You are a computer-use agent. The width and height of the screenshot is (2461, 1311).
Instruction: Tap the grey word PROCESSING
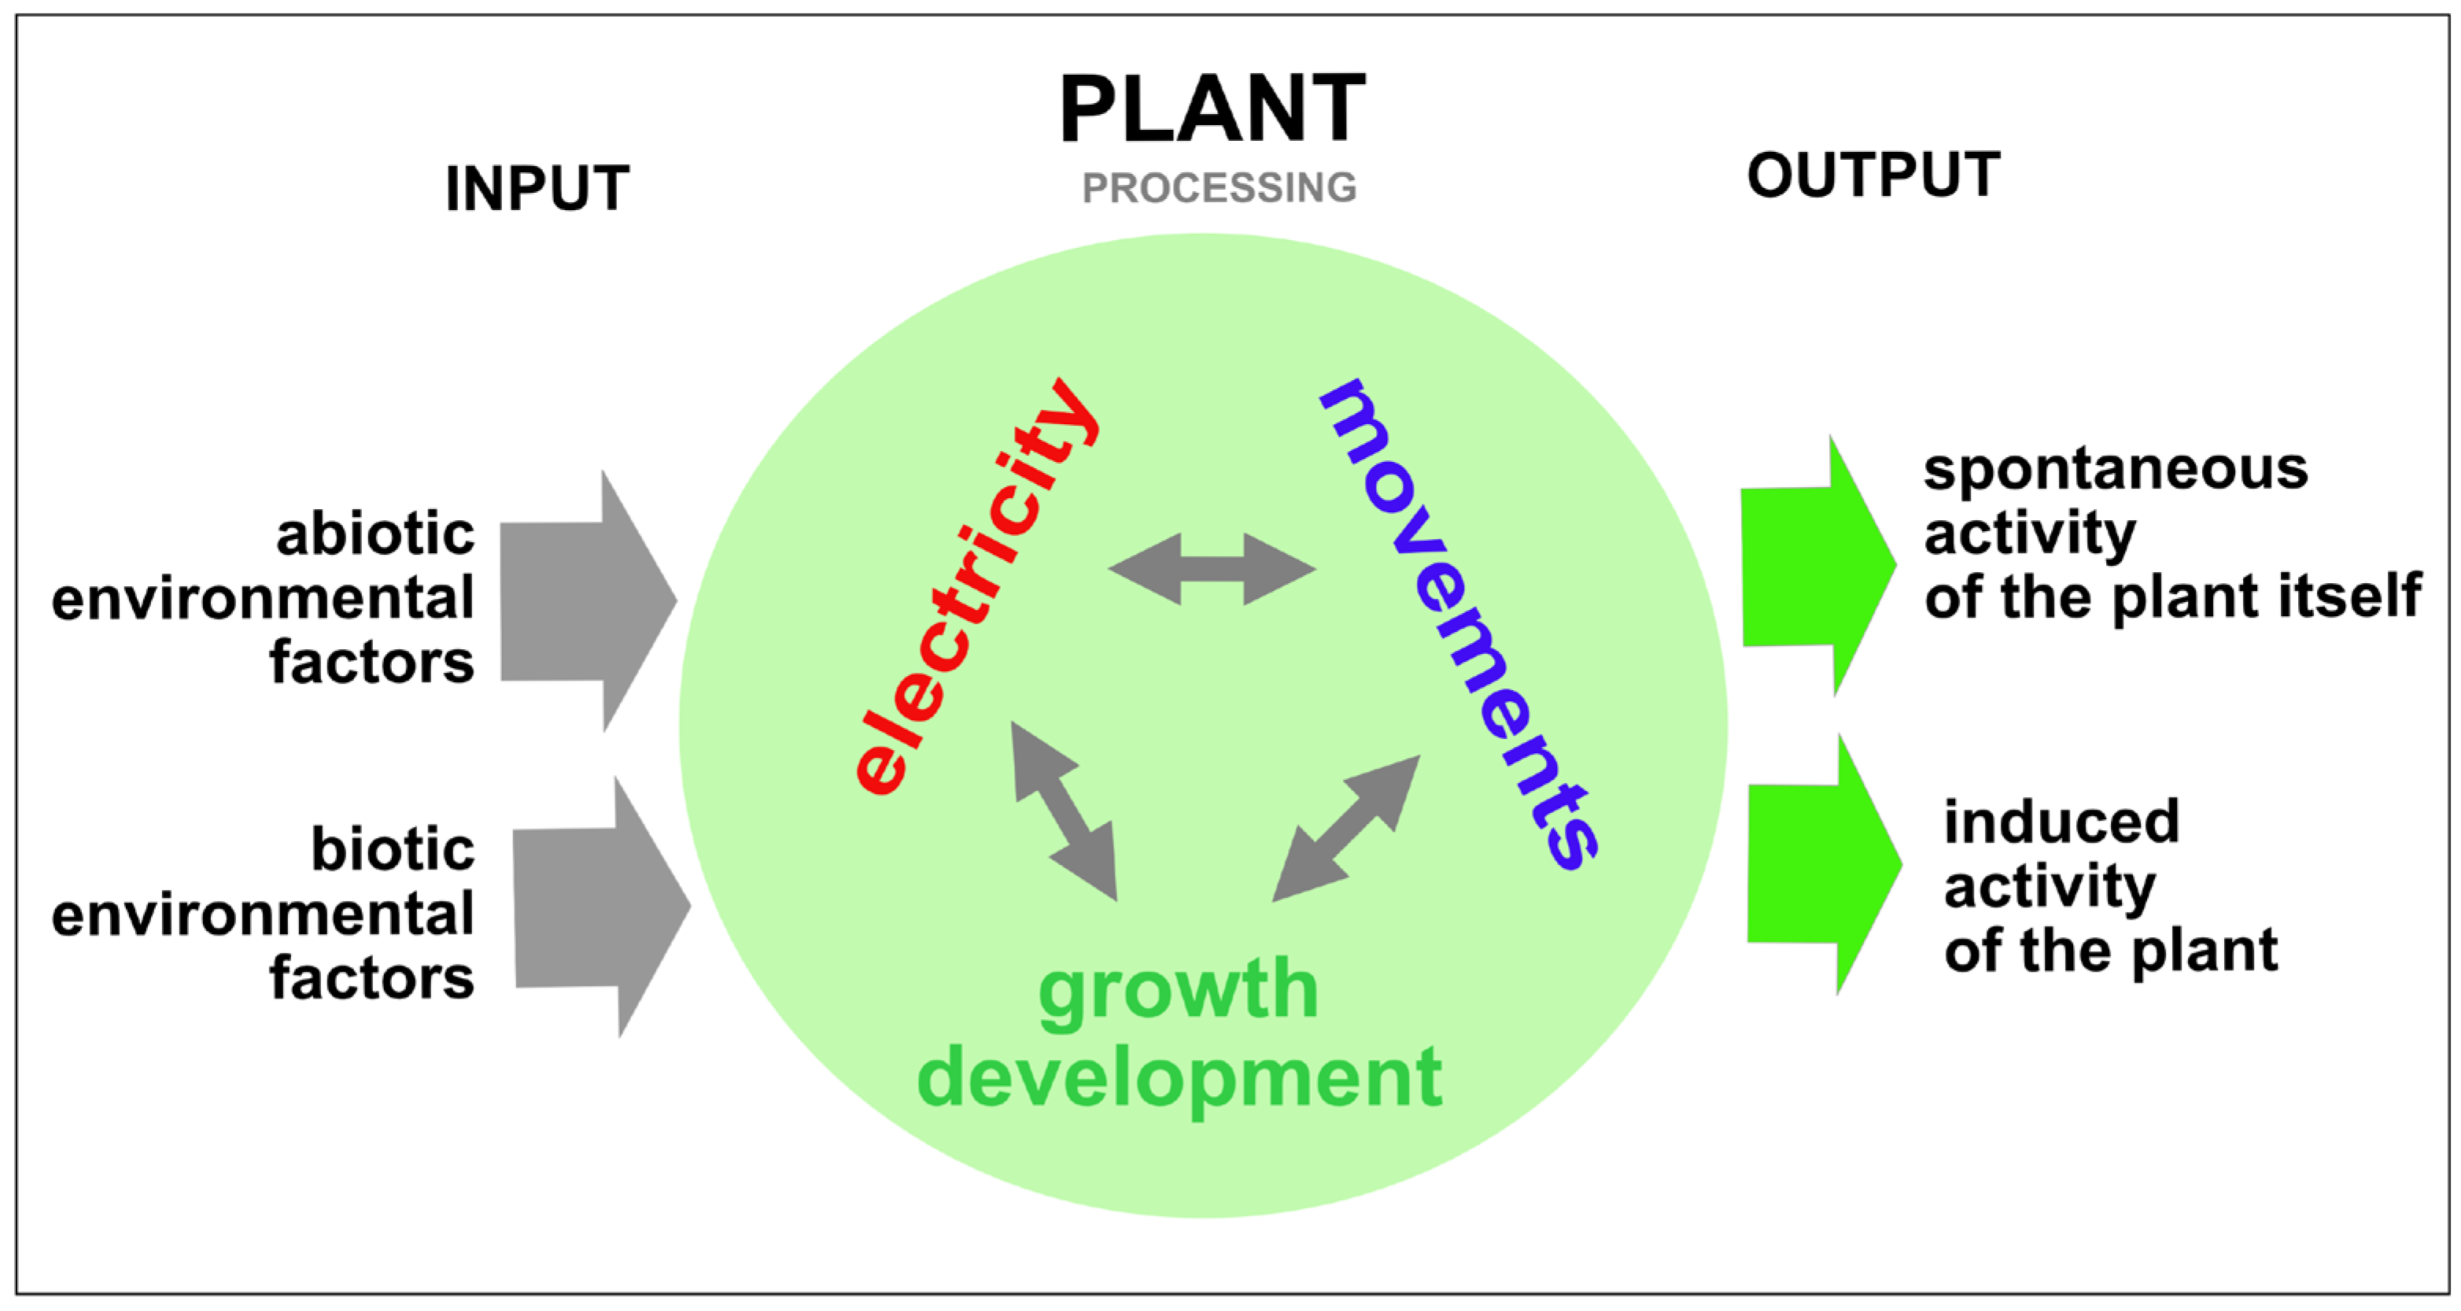point(1219,188)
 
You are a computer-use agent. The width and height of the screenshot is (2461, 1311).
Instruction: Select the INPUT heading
point(537,188)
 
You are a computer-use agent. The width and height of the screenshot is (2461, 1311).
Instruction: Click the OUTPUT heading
point(1873,175)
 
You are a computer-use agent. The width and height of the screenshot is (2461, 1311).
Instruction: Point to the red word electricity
point(975,588)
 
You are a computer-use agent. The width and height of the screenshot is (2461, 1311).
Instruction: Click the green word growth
point(1178,991)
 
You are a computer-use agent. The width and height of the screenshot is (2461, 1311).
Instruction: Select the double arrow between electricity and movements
point(1212,570)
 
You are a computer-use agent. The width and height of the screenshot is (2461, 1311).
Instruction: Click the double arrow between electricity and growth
point(1064,811)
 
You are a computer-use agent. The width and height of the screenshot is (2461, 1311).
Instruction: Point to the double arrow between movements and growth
point(1345,829)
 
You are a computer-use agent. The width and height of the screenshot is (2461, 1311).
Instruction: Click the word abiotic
point(375,534)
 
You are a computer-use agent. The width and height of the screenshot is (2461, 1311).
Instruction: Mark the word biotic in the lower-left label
point(393,850)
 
